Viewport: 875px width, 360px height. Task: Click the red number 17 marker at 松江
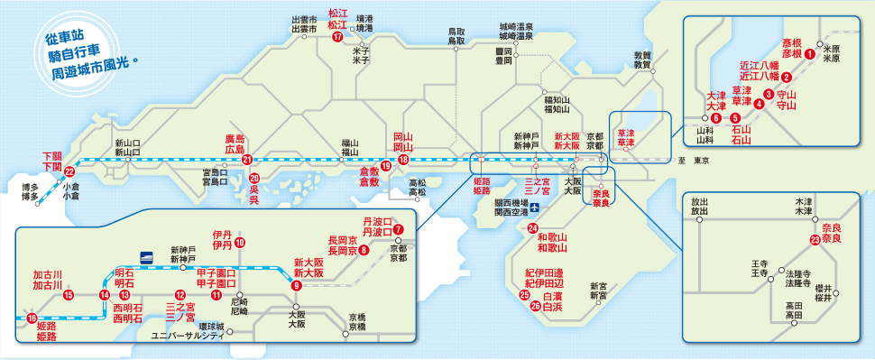pyautogui.click(x=337, y=37)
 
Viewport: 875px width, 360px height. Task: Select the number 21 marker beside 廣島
pyautogui.click(x=247, y=160)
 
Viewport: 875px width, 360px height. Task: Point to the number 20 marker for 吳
pyautogui.click(x=254, y=178)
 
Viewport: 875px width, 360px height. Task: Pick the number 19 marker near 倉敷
pyautogui.click(x=385, y=166)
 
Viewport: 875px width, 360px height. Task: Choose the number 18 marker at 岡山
pyautogui.click(x=403, y=160)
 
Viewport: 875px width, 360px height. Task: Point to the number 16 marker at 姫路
pyautogui.click(x=32, y=318)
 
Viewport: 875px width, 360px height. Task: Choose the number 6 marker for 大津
pyautogui.click(x=715, y=117)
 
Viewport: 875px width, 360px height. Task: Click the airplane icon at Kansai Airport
pyautogui.click(x=535, y=208)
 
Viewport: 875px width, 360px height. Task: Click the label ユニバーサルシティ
pyautogui.click(x=188, y=336)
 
